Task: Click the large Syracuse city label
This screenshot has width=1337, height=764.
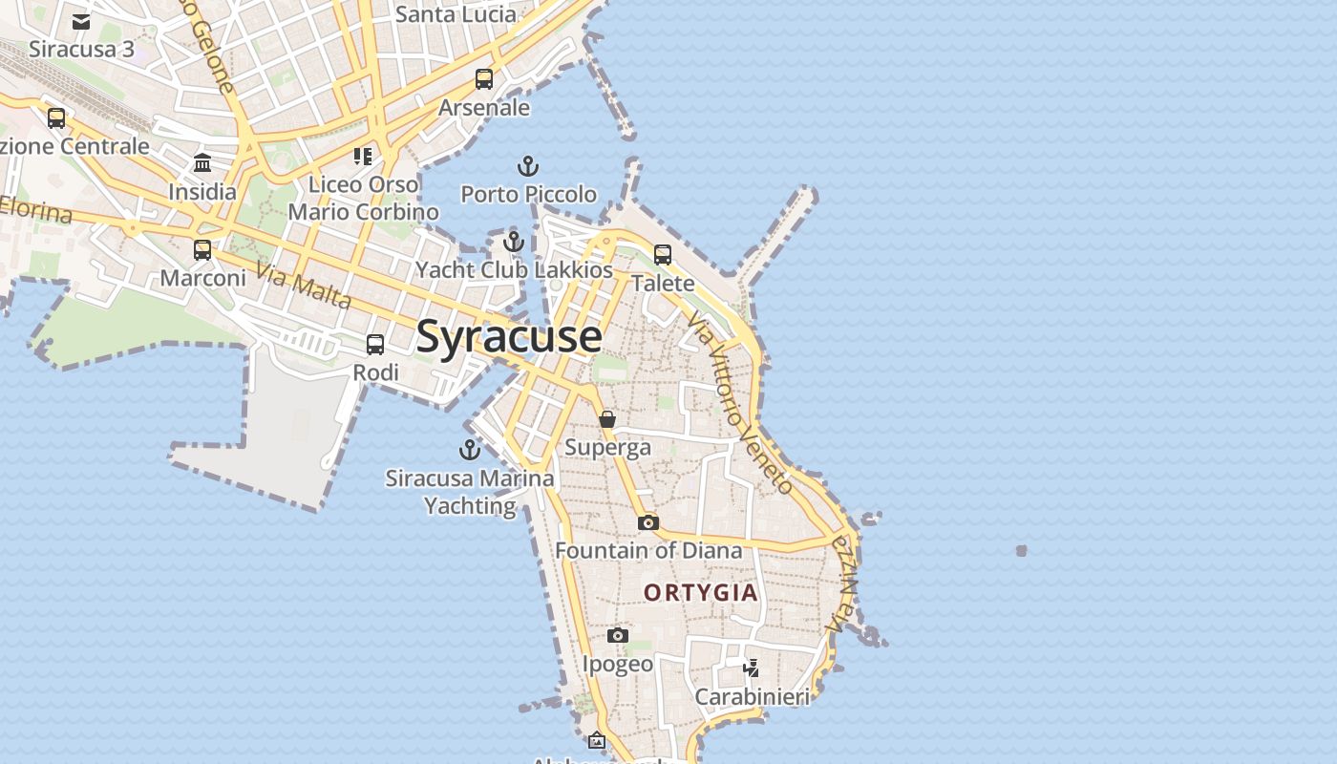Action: [509, 337]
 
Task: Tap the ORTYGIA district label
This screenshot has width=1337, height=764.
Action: [701, 592]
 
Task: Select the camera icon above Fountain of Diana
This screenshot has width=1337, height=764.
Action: [648, 522]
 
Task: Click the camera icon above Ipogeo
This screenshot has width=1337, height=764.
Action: [618, 635]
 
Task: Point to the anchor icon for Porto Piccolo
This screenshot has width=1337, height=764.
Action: [528, 166]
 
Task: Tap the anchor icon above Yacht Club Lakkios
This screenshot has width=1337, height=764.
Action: [514, 242]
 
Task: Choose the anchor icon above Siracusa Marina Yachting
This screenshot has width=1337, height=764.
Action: [470, 449]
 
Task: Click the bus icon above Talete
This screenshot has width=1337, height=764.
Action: [663, 255]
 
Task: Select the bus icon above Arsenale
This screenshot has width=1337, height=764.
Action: [484, 79]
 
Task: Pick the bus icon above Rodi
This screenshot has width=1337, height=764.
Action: [375, 345]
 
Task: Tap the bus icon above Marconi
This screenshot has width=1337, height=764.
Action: [202, 250]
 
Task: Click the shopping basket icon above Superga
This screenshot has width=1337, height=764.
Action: [607, 419]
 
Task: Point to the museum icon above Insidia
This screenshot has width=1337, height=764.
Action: [202, 163]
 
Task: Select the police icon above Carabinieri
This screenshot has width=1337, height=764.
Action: [752, 668]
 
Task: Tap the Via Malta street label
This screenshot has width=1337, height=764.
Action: [304, 286]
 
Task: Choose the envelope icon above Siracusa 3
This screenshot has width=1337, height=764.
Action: [81, 22]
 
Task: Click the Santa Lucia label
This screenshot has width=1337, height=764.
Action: [456, 14]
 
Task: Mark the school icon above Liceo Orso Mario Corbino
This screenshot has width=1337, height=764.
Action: [362, 156]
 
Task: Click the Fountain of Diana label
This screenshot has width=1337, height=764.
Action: [648, 551]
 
